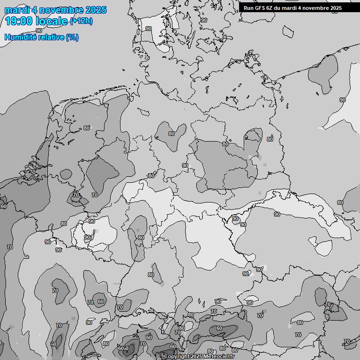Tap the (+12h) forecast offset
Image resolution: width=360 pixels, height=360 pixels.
81,21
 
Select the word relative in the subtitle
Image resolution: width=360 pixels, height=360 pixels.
51,37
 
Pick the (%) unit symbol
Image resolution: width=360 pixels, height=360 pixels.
72,37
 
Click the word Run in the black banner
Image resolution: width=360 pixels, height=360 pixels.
248,8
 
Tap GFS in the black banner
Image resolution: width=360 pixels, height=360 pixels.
260,8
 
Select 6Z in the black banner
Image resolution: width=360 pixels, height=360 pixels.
270,8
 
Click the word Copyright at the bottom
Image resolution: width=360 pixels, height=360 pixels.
177,357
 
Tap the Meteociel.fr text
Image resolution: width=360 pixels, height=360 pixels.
220,357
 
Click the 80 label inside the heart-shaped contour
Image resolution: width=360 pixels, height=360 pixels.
171,134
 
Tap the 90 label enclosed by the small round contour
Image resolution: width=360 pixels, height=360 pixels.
235,218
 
